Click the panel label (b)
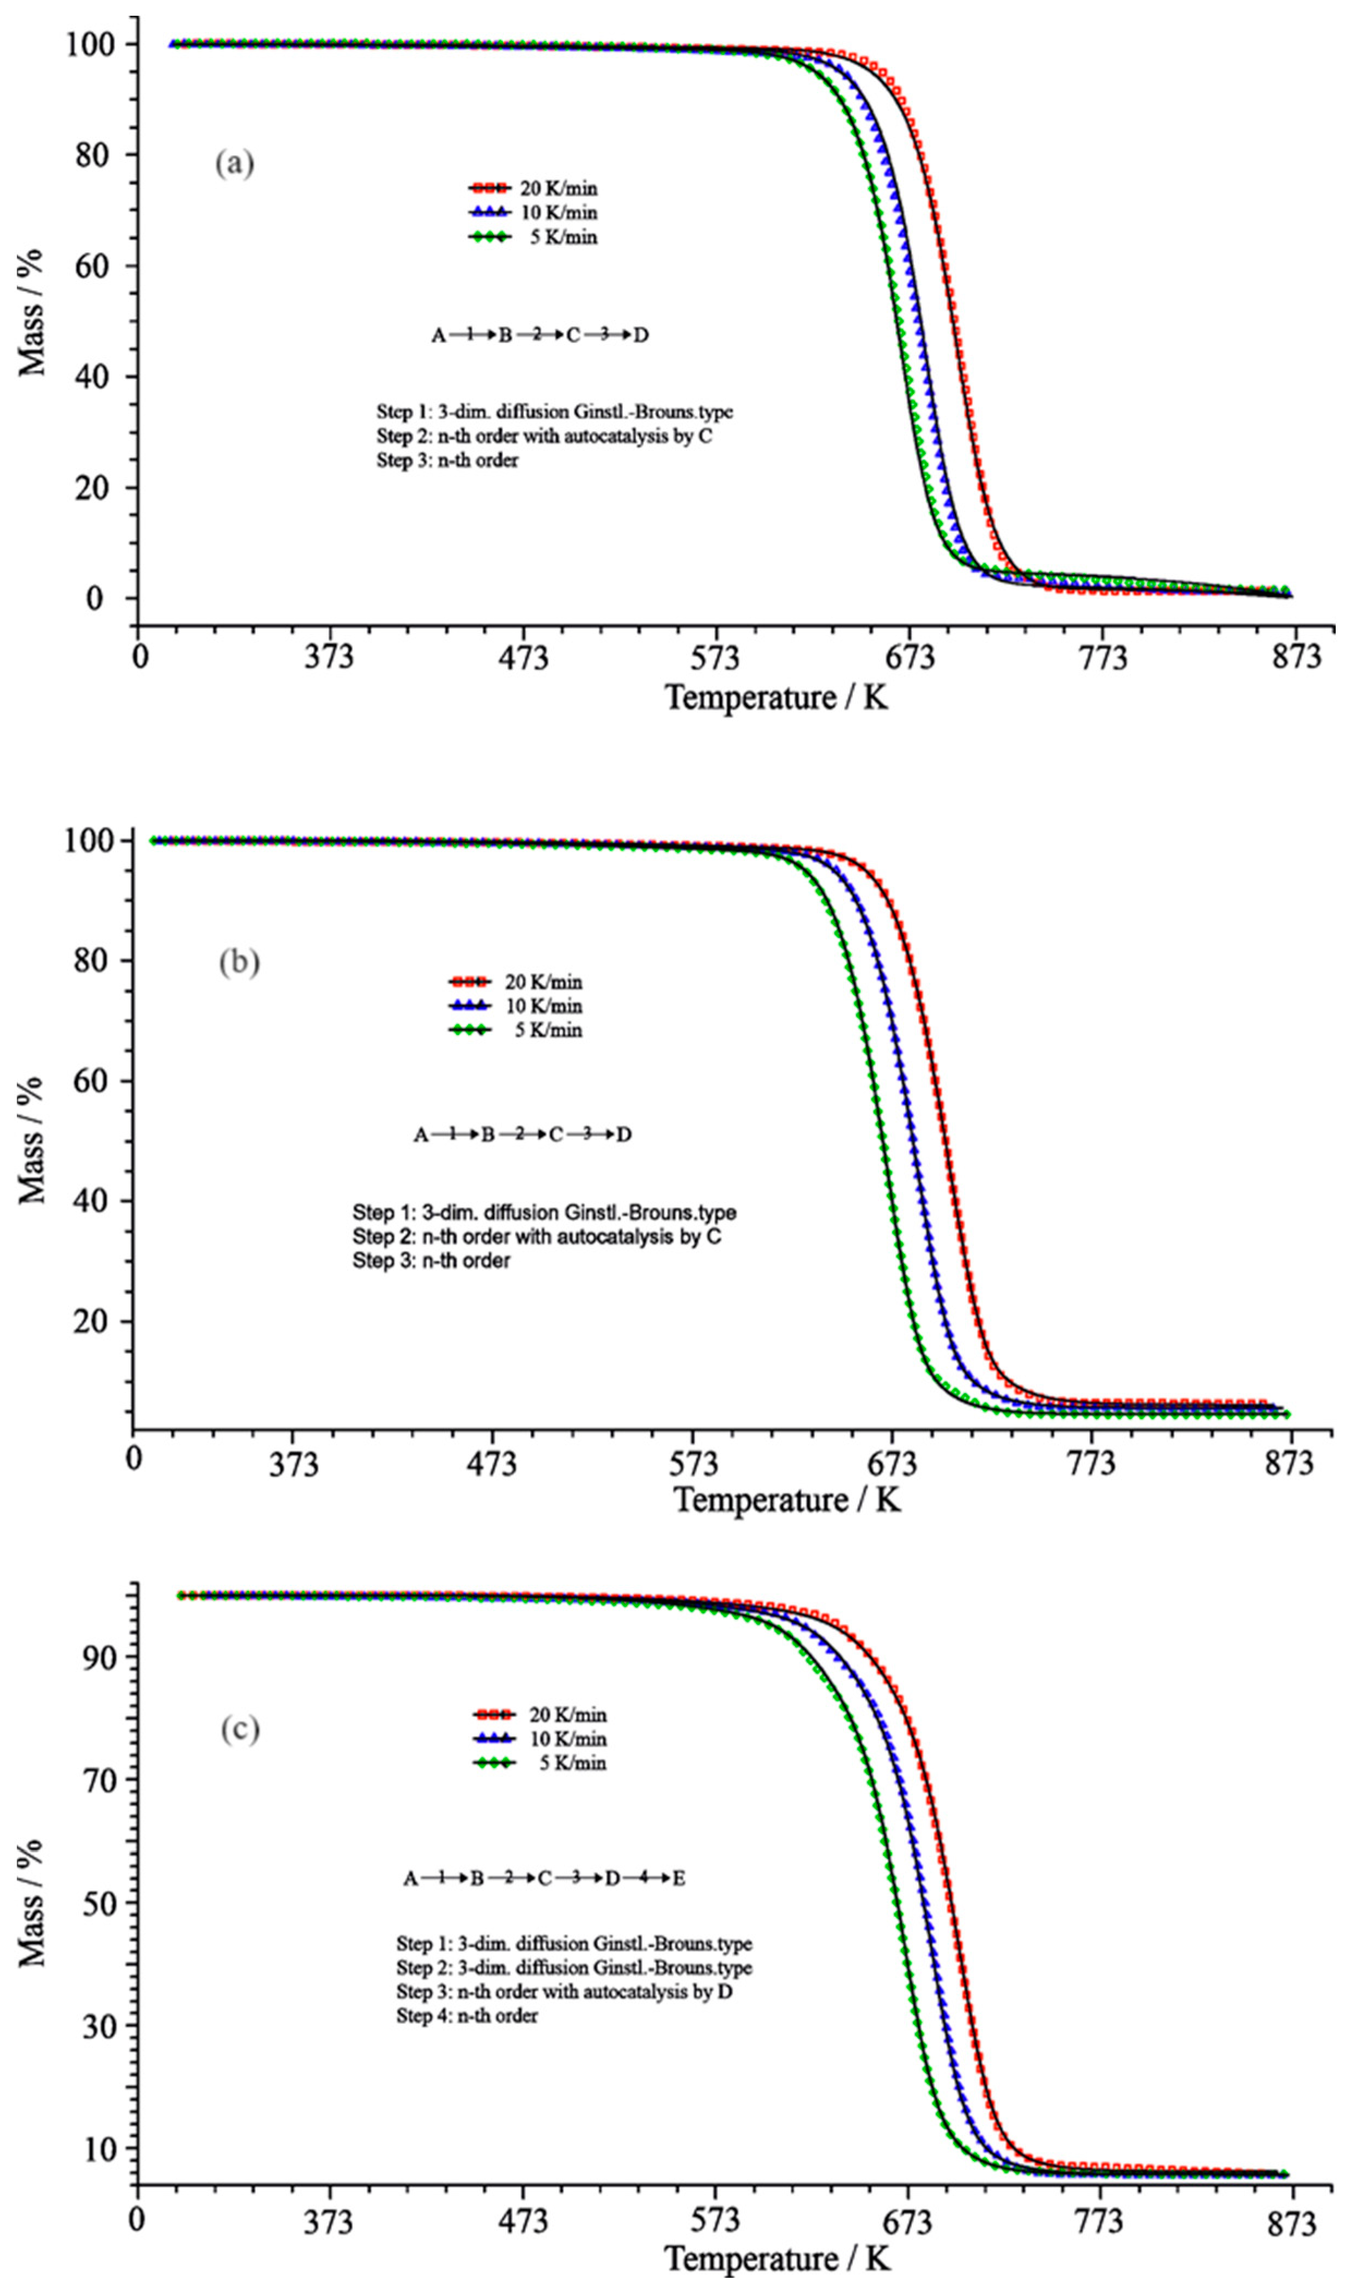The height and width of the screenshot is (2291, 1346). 239,962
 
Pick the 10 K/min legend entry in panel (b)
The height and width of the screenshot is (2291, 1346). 516,1006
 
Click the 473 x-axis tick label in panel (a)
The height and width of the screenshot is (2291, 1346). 524,656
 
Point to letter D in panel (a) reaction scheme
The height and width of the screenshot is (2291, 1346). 641,335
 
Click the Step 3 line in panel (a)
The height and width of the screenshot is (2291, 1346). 448,460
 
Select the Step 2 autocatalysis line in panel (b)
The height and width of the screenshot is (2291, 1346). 536,1236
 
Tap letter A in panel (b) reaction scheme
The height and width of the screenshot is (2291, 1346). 421,1134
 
